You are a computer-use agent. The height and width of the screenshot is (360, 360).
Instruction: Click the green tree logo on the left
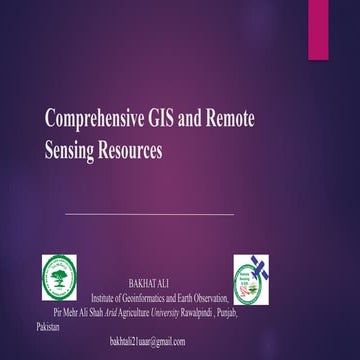pyautogui.click(x=59, y=278)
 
